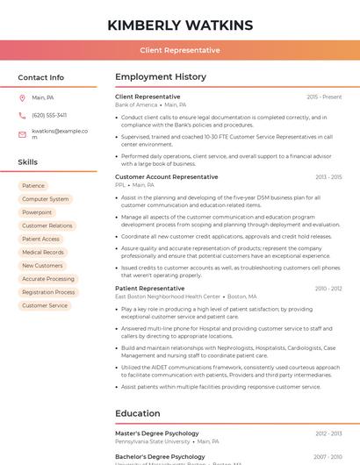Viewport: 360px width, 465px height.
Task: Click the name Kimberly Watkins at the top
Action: tap(179, 25)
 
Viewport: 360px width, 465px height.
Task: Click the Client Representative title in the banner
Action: tap(179, 50)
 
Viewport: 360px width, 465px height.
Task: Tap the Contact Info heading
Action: tap(40, 77)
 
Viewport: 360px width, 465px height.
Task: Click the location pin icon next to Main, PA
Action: tap(22, 97)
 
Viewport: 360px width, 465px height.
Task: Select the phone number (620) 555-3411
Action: tap(49, 115)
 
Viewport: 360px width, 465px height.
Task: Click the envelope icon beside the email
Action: tap(22, 133)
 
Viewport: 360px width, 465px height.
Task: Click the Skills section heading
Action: tap(28, 162)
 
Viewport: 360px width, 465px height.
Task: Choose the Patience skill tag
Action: tap(33, 186)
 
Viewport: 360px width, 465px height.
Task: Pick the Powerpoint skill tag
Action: tap(37, 212)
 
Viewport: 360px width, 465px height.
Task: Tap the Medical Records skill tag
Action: tap(43, 253)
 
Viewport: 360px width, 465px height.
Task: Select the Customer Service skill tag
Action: tap(45, 305)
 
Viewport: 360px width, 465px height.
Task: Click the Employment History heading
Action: tap(161, 77)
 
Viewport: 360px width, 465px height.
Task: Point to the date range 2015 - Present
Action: tap(324, 97)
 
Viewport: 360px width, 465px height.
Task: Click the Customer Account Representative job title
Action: tap(166, 177)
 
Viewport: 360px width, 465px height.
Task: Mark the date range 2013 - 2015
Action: tap(328, 177)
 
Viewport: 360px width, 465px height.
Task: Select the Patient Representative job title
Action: tap(149, 289)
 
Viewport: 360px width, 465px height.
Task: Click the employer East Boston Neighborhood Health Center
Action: tap(168, 297)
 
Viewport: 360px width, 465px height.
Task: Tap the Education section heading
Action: tap(139, 413)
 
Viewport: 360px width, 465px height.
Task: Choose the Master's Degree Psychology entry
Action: tap(157, 433)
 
